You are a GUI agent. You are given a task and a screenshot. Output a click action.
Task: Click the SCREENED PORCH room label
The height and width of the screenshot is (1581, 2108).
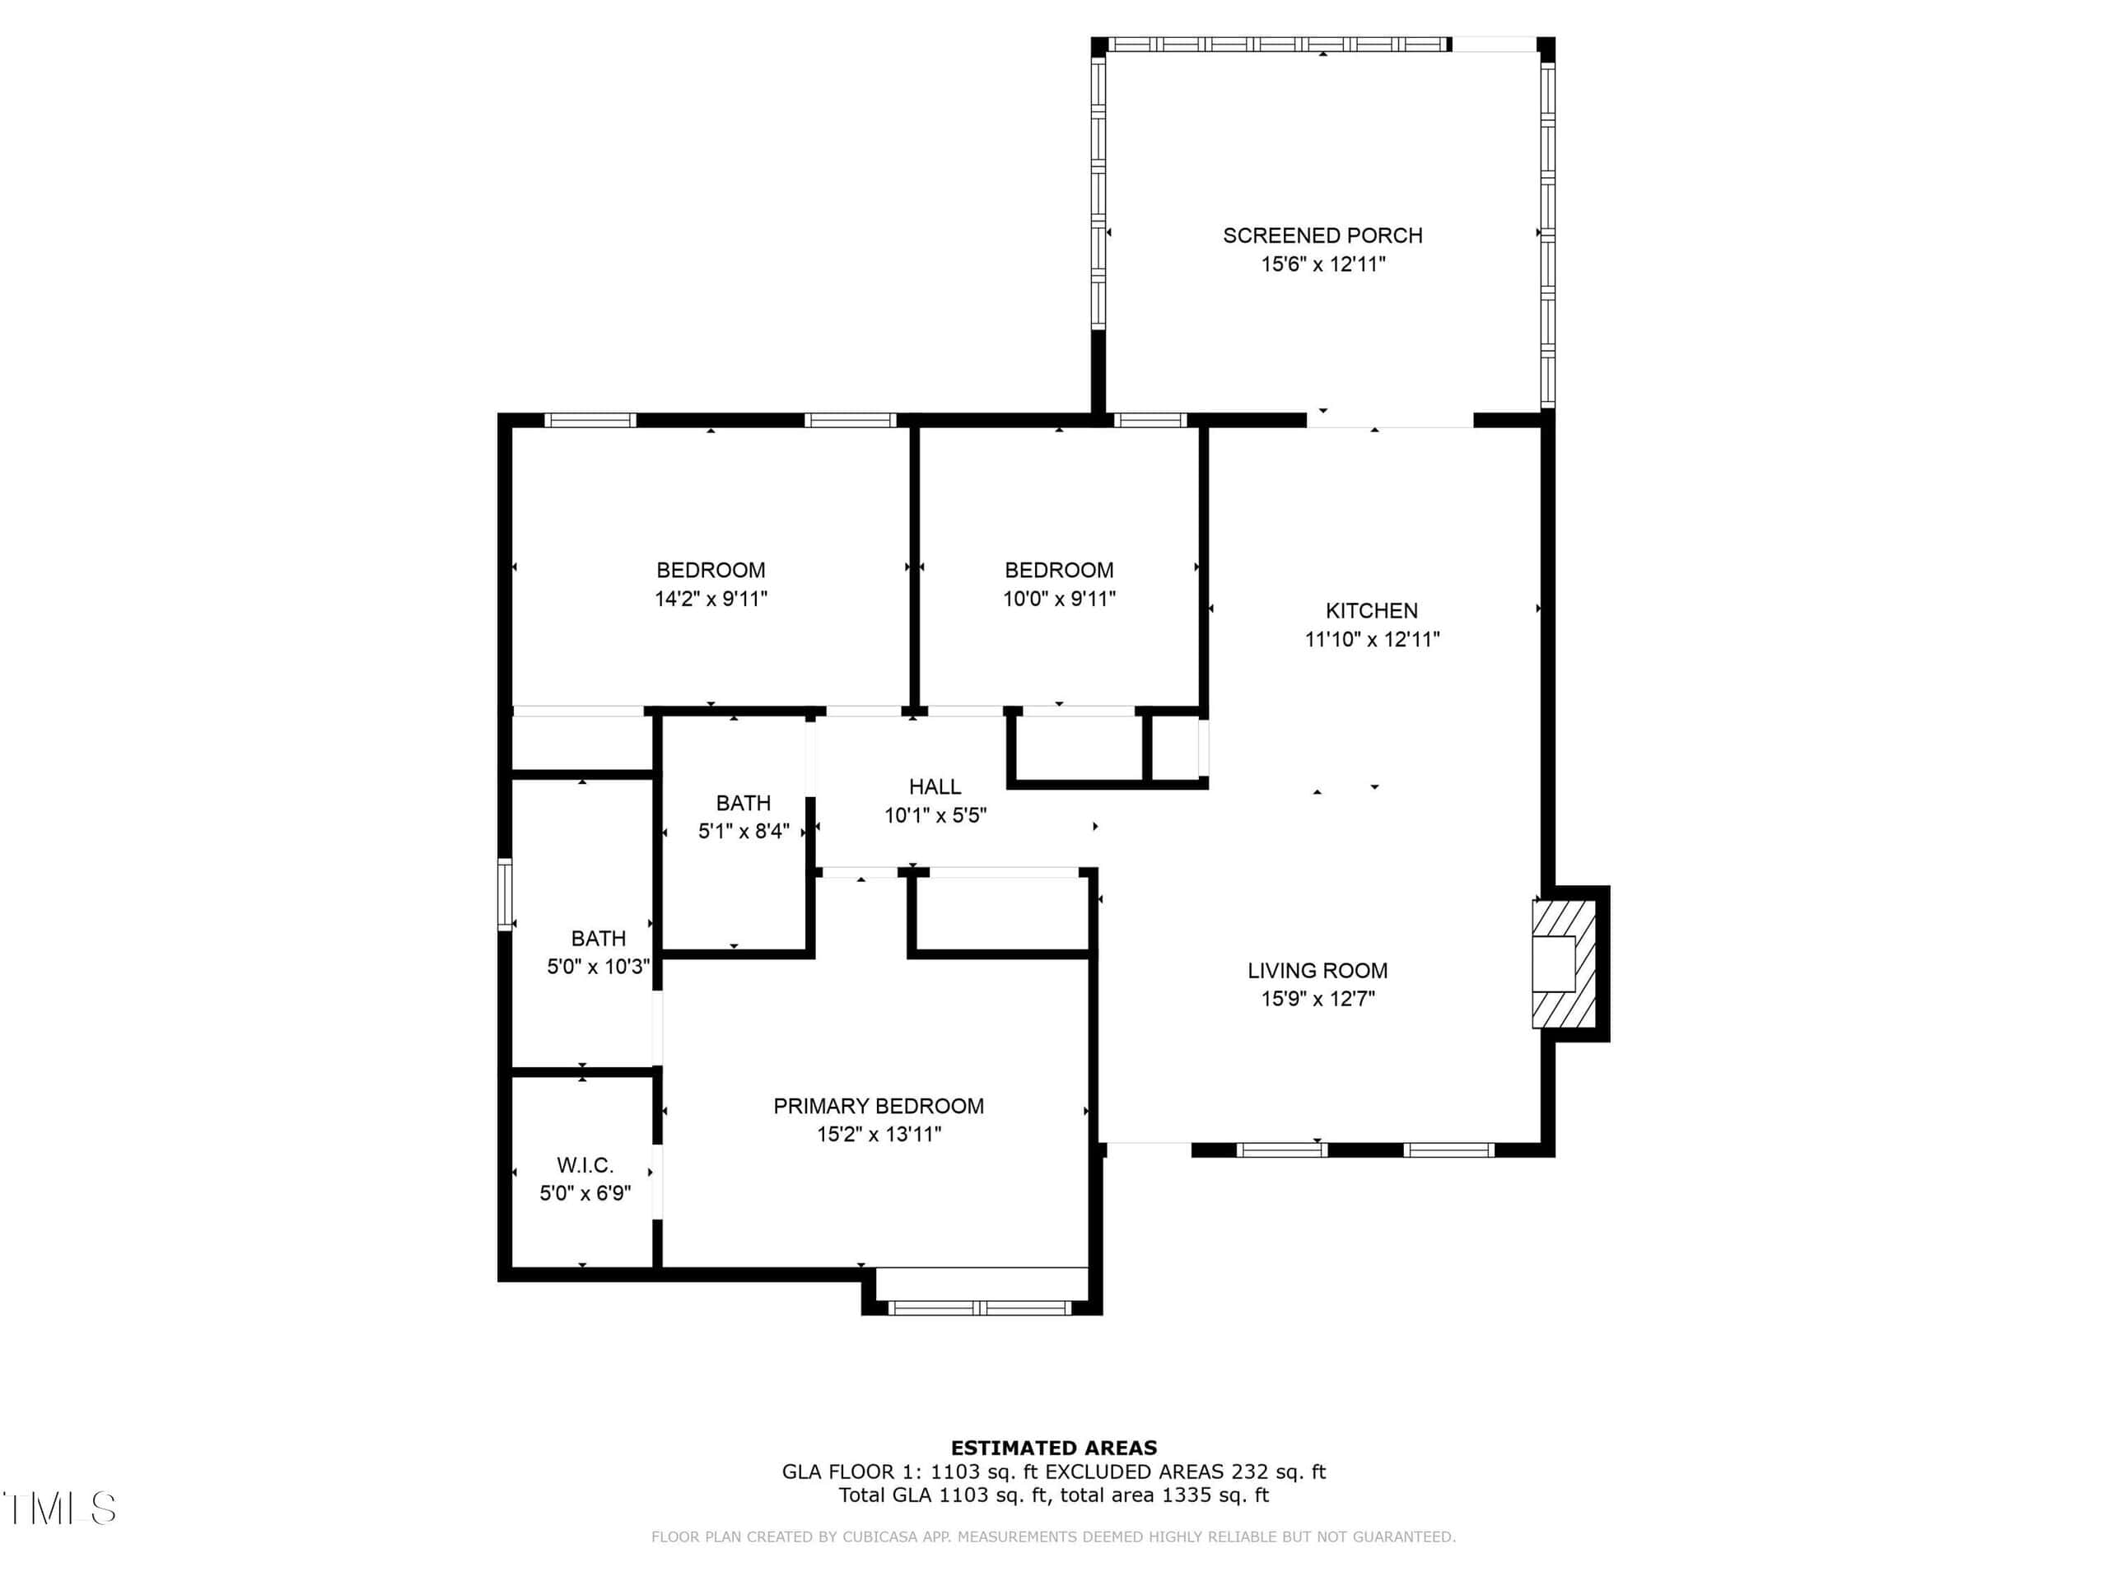click(x=1322, y=236)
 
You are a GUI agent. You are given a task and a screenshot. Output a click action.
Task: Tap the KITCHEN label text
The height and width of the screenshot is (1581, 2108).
click(x=1371, y=611)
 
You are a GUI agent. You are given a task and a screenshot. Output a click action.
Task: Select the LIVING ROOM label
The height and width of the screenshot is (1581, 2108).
click(x=1317, y=970)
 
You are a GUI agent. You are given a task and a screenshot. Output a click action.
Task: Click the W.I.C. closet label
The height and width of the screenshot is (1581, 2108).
click(x=585, y=1164)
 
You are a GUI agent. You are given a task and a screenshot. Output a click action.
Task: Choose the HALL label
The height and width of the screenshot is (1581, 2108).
click(x=935, y=786)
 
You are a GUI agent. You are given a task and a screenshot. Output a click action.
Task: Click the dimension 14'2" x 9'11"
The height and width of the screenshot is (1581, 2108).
click(x=711, y=599)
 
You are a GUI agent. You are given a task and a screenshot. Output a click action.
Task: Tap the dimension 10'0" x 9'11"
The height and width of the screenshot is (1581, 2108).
click(x=1059, y=599)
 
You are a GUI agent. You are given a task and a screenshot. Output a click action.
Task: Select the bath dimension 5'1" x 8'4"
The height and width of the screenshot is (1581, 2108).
click(x=744, y=831)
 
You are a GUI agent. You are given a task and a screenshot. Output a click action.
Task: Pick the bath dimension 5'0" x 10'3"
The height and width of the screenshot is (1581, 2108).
click(x=599, y=967)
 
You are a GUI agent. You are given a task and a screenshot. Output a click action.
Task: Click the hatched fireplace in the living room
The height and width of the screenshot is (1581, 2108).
click(x=1563, y=963)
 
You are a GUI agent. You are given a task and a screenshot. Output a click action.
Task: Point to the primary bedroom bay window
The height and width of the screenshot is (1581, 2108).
click(x=981, y=1308)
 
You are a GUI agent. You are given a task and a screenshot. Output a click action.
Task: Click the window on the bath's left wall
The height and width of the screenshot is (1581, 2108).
click(x=505, y=894)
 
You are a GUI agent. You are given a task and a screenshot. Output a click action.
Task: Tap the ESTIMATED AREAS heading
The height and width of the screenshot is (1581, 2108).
click(x=1054, y=1448)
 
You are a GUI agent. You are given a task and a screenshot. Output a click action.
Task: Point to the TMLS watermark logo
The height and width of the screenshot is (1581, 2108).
click(x=59, y=1508)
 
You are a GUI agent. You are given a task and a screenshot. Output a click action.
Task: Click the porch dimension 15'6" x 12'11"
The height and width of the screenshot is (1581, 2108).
click(x=1322, y=264)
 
